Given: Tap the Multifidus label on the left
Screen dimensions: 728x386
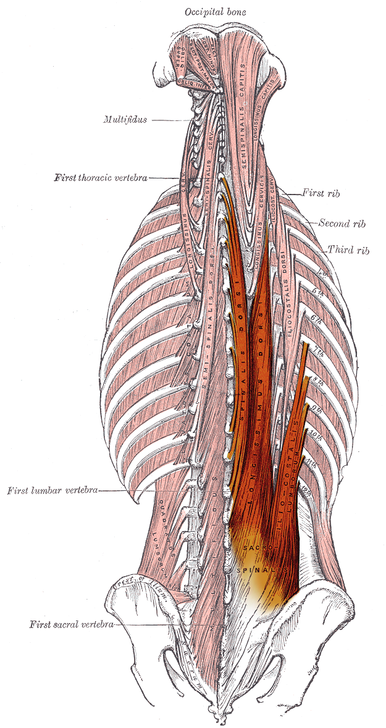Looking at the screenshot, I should tap(125, 119).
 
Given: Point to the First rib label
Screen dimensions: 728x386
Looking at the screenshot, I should tap(321, 193).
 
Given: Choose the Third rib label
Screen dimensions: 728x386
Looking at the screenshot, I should tap(348, 251).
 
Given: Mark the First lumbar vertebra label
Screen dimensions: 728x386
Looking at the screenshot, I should tap(52, 491).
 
